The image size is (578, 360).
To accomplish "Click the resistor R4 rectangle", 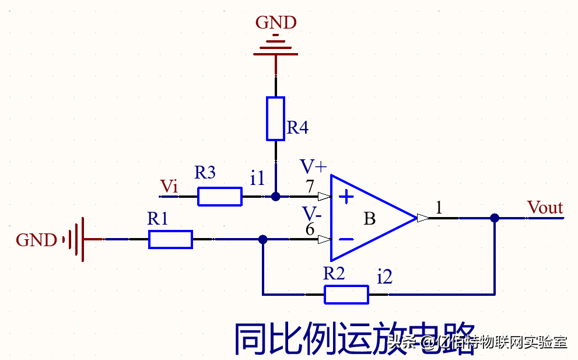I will click(x=275, y=118).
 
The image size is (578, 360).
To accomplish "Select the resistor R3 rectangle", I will click(x=220, y=197).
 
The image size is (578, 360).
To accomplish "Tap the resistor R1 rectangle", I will click(x=170, y=239).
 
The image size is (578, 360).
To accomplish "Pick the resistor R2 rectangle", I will click(x=346, y=295).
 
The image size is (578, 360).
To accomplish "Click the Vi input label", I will click(x=169, y=187).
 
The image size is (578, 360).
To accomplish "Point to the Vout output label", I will click(x=545, y=208).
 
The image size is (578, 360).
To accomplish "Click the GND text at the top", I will click(x=276, y=23).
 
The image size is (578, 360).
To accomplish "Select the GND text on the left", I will click(x=36, y=240).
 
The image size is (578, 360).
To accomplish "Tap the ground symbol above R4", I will click(x=276, y=48).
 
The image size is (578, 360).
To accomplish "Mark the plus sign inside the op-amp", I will click(x=346, y=197).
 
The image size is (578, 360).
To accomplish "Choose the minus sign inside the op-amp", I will click(x=346, y=239).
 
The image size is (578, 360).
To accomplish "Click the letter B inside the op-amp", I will click(x=369, y=219).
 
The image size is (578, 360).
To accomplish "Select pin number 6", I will click(x=310, y=229).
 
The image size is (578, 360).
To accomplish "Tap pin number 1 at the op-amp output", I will click(x=439, y=207).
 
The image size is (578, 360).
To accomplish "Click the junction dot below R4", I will click(x=276, y=197).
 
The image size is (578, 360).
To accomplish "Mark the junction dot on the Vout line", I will click(x=495, y=218).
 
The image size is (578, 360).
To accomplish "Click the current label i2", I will click(x=384, y=277).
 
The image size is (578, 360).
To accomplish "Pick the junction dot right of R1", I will click(x=263, y=239).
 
